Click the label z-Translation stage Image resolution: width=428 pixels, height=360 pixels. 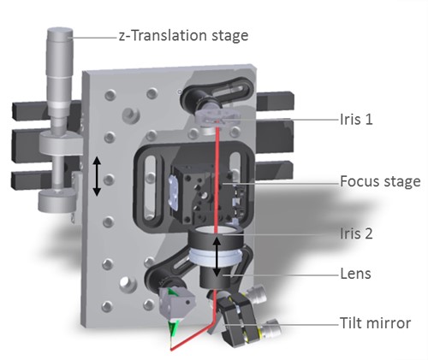183,36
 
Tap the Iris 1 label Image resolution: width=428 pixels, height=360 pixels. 356,119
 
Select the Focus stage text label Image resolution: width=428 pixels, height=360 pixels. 380,181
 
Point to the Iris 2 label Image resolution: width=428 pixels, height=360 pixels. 356,233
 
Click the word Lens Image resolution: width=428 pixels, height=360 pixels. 355,274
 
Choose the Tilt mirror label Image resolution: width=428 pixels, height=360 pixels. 375,323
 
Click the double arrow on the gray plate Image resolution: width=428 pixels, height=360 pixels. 97,176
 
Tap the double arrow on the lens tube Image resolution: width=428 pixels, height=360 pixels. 217,257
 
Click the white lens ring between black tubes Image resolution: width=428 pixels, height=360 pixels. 216,255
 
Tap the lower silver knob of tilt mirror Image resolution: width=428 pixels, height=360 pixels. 271,328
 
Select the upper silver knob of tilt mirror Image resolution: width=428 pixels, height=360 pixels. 256,295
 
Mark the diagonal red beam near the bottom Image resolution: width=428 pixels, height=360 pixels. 192,337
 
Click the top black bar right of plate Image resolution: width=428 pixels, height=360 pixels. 276,100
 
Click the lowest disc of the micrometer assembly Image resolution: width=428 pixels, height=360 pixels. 57,201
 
